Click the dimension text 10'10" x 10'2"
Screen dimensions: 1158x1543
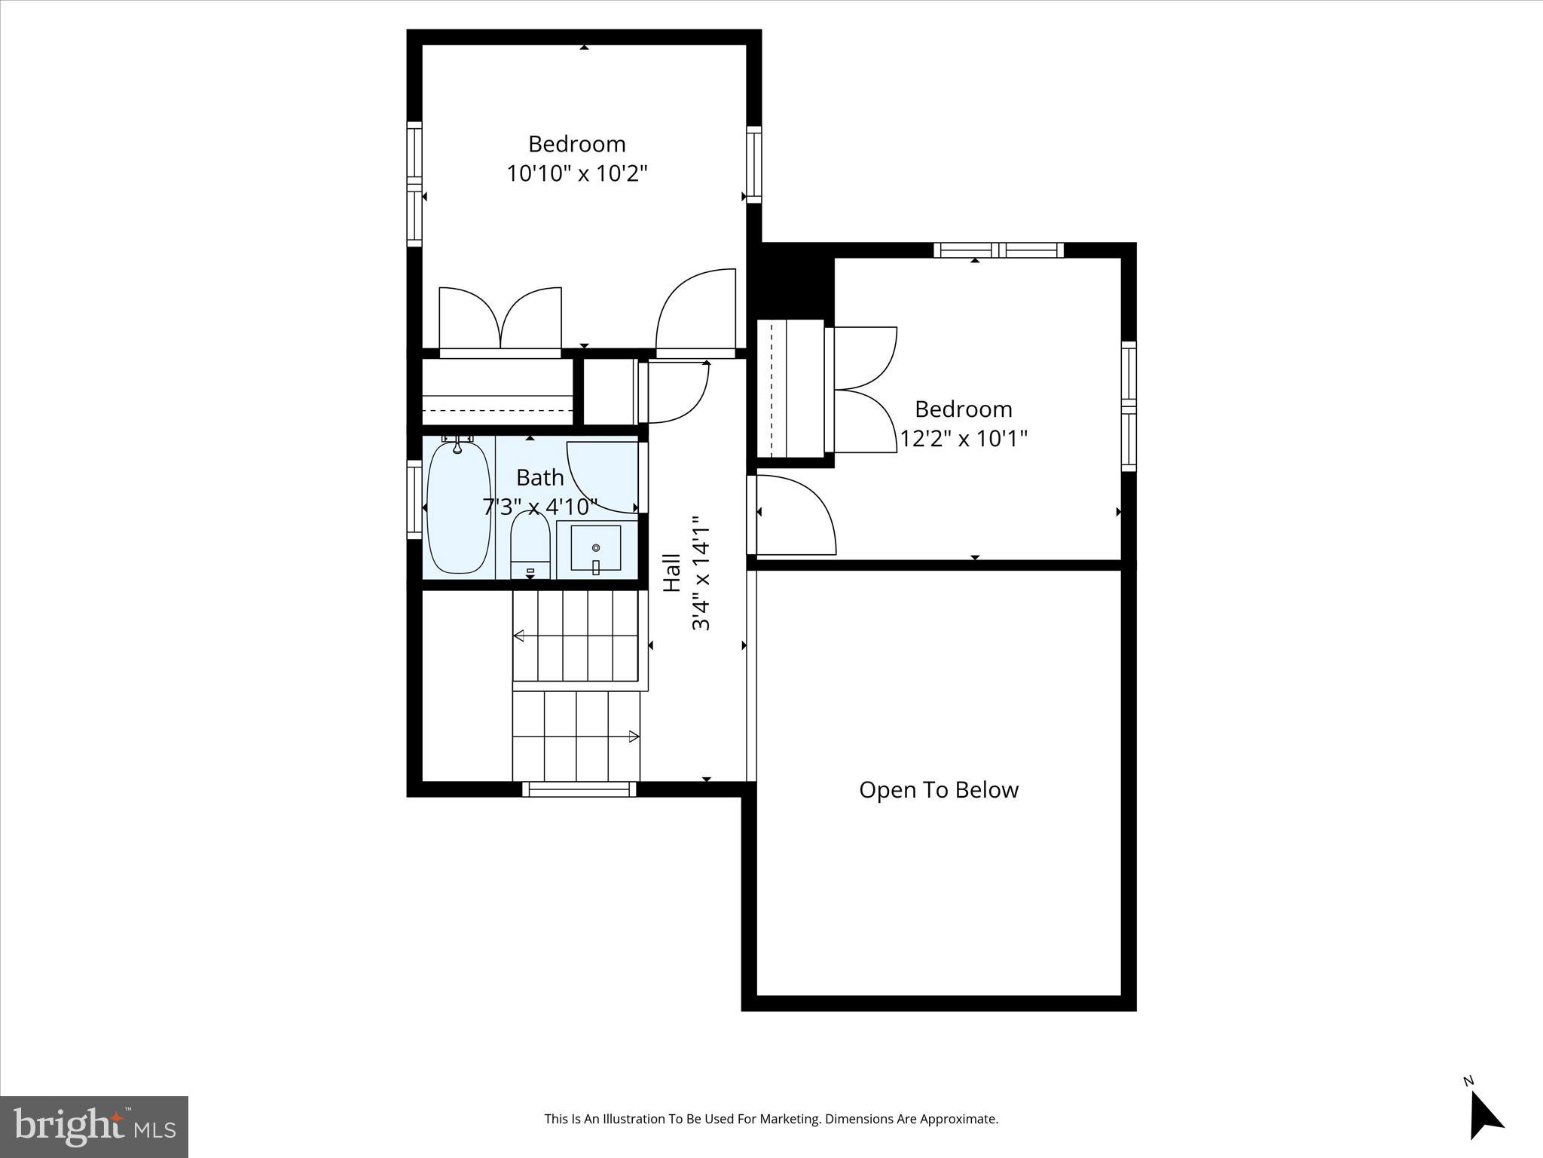click(577, 174)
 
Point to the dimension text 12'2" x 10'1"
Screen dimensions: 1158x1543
click(964, 439)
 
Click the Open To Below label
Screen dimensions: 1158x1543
click(939, 790)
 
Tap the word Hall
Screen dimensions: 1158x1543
click(671, 573)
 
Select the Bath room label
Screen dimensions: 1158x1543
click(540, 478)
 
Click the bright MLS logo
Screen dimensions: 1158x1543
click(94, 1126)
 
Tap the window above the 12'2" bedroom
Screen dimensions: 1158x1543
click(998, 250)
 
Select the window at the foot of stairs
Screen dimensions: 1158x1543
click(579, 789)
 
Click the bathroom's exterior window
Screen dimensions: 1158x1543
click(414, 499)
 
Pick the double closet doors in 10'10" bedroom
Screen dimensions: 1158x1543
click(500, 320)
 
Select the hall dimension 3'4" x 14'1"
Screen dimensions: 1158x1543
click(701, 573)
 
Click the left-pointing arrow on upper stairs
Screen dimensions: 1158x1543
click(518, 636)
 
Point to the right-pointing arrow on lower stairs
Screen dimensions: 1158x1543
click(634, 737)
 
